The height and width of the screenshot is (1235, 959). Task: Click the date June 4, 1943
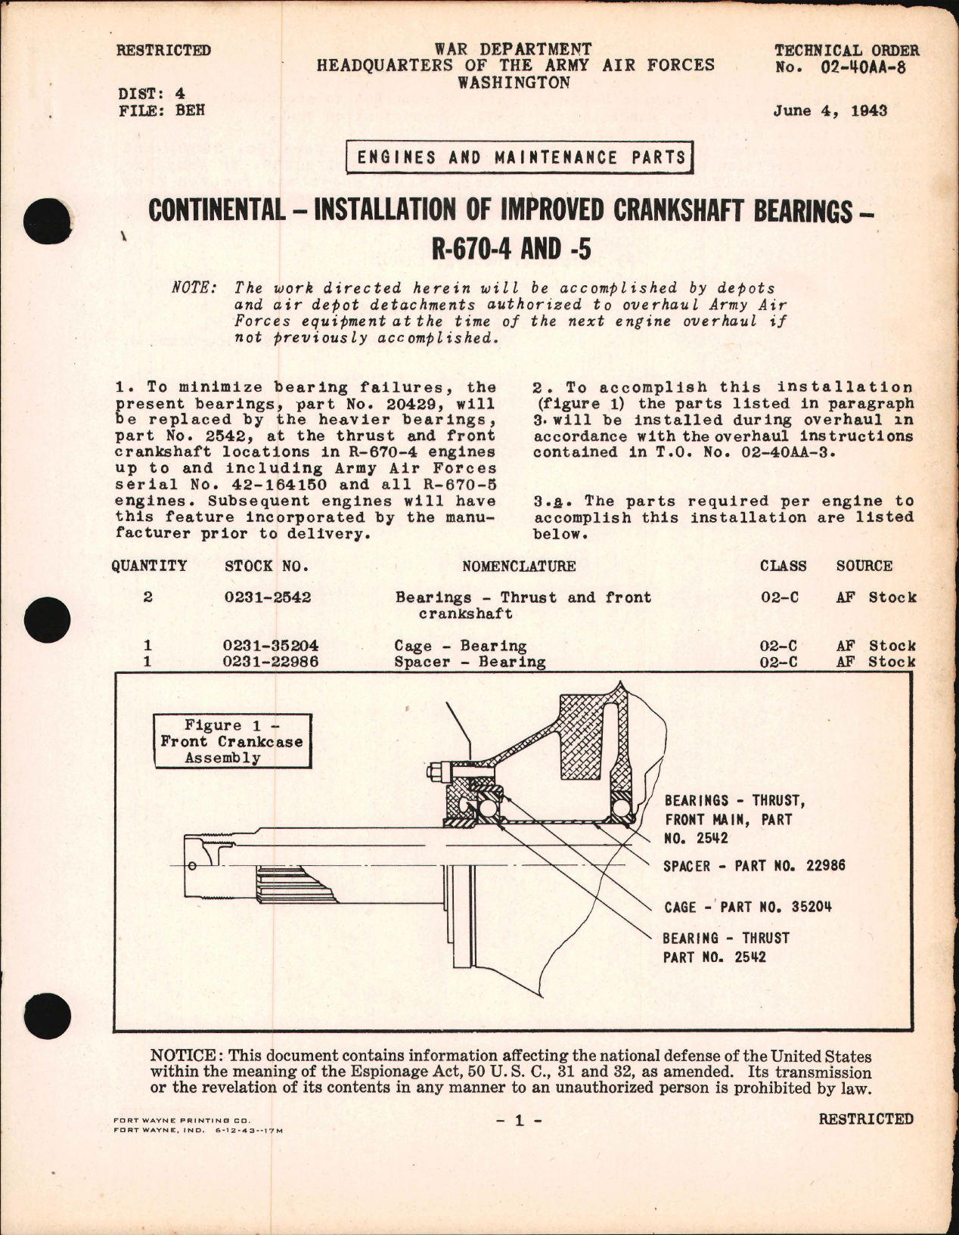point(830,111)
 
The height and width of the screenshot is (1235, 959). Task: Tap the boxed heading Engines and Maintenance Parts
point(521,157)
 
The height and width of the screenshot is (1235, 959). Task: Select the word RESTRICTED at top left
point(163,51)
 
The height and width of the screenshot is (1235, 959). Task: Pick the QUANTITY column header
point(149,566)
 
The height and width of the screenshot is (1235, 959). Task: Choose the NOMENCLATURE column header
point(519,566)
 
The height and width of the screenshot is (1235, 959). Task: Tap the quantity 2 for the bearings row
point(148,597)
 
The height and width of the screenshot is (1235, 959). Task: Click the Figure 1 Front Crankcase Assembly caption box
point(231,741)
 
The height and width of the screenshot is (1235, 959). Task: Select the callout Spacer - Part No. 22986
point(753,866)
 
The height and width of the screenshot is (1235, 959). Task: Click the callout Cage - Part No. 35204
point(747,907)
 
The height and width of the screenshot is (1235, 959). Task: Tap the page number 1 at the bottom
point(519,1121)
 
